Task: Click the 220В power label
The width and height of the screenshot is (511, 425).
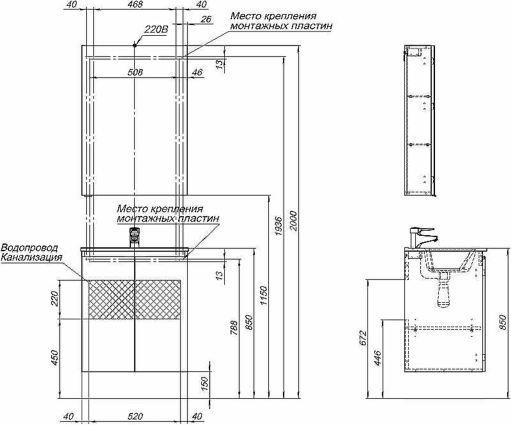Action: point(155,29)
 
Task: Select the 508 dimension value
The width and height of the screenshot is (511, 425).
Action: point(135,72)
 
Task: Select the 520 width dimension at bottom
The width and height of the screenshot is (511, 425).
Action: point(135,416)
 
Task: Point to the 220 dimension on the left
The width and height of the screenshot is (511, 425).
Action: point(54,298)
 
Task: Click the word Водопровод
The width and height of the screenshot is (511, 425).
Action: point(29,248)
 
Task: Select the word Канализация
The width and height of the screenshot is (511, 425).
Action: point(31,258)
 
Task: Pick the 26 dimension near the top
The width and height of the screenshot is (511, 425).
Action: point(205,19)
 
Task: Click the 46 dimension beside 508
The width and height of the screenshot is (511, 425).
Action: point(197,72)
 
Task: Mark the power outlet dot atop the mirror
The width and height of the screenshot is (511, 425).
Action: point(135,45)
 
